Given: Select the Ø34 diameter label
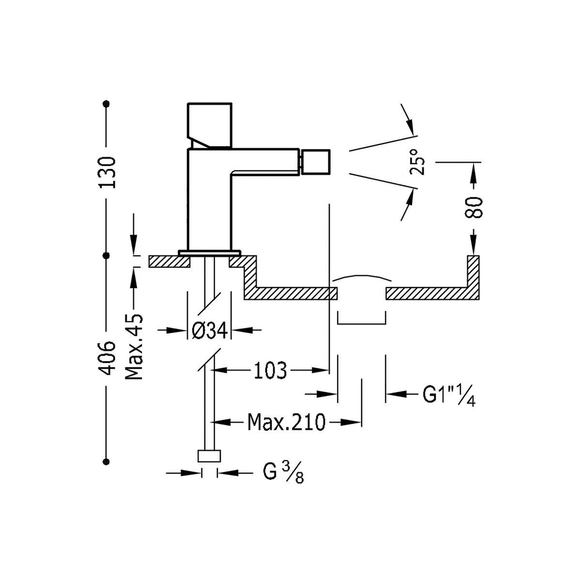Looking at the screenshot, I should (x=209, y=331).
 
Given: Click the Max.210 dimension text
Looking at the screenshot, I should (x=286, y=422).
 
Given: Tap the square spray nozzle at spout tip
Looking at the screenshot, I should (x=315, y=163).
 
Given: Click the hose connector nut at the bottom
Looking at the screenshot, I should (x=210, y=456).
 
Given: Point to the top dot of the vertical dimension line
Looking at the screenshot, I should (x=107, y=103).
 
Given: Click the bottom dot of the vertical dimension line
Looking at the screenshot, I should (x=107, y=461).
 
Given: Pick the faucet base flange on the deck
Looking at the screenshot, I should (x=209, y=252).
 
